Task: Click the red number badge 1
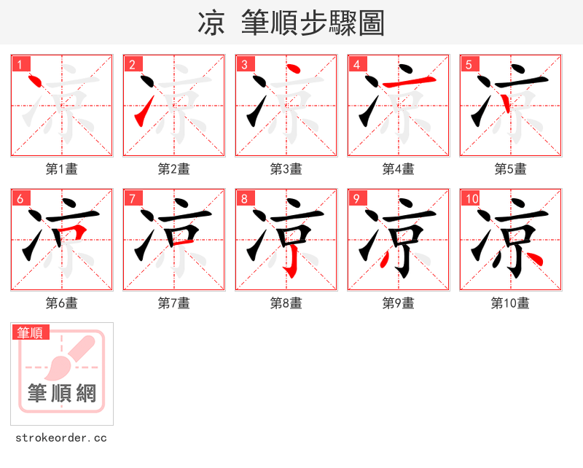click(20, 64)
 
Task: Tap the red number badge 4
click(356, 64)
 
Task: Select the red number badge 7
click(132, 198)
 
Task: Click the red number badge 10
click(472, 198)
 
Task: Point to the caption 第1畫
click(62, 169)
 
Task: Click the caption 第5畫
click(510, 169)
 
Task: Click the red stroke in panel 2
click(144, 111)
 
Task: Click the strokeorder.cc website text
click(61, 438)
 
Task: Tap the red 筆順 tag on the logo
click(31, 332)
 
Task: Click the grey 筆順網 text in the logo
click(62, 394)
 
